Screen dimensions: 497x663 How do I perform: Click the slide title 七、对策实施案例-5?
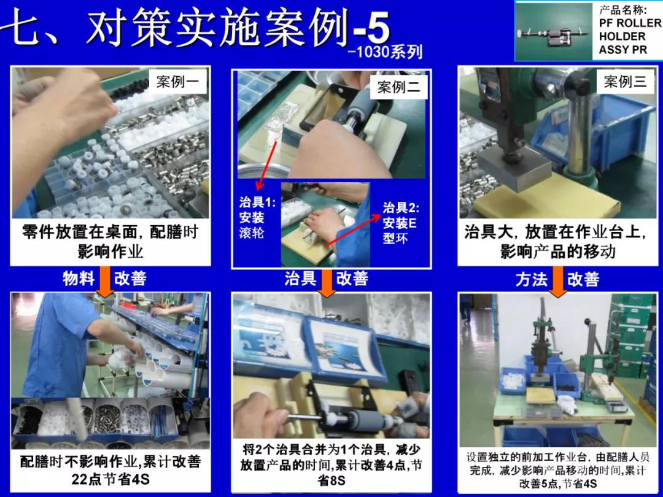point(196,29)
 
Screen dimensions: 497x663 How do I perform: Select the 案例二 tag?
point(398,88)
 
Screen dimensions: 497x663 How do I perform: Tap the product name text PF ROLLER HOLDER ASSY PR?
point(629,36)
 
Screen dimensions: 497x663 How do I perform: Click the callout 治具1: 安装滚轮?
point(257,217)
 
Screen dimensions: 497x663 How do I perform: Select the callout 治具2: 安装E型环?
point(400,223)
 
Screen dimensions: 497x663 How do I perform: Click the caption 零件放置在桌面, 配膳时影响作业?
point(110,242)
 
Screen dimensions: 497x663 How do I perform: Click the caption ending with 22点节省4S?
point(110,470)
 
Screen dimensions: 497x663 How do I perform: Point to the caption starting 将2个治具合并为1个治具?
point(331,466)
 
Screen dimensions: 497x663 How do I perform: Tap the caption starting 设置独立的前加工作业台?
point(557,470)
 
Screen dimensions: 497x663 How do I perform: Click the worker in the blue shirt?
point(64,344)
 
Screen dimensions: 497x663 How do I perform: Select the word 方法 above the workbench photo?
point(531,280)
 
